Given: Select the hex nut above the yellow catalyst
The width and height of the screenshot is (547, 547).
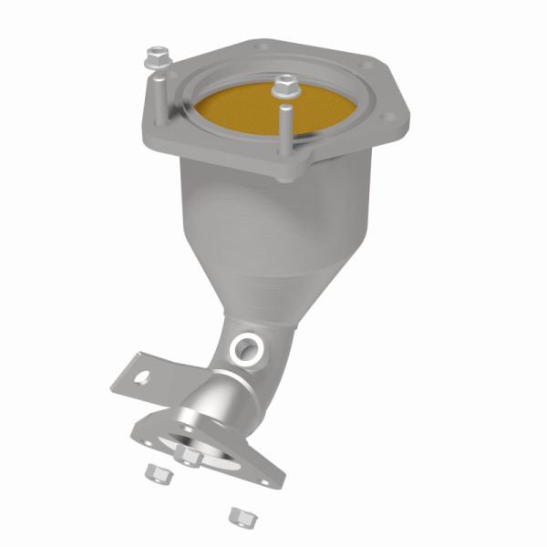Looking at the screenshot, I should pos(285,88).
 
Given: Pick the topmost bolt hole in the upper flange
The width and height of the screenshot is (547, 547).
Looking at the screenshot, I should pos(263,45).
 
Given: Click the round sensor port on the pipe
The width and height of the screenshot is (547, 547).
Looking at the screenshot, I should pos(245,346).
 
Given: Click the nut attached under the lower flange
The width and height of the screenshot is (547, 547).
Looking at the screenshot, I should pos(188,455).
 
